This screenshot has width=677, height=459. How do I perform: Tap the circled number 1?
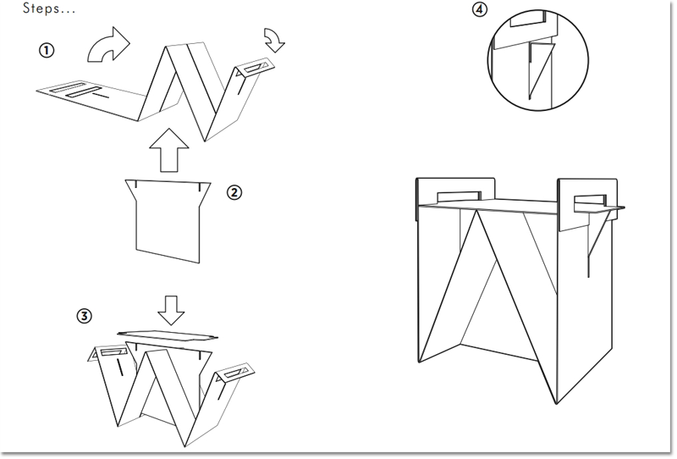click(47, 51)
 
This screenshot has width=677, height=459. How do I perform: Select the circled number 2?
click(234, 192)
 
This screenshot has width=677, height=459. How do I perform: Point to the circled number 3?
click(84, 316)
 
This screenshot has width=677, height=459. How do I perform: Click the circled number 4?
click(480, 9)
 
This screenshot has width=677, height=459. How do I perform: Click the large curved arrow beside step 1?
click(109, 45)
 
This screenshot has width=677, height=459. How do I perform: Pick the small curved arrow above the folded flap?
click(274, 40)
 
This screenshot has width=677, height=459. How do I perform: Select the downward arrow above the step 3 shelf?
click(171, 310)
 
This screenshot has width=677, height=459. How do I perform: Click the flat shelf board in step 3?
click(168, 335)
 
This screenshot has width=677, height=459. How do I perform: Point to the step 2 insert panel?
click(168, 221)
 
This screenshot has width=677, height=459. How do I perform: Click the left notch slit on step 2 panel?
click(136, 185)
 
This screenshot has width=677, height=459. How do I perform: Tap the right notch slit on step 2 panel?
click(200, 187)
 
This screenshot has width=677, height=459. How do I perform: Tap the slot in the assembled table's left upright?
click(459, 196)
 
